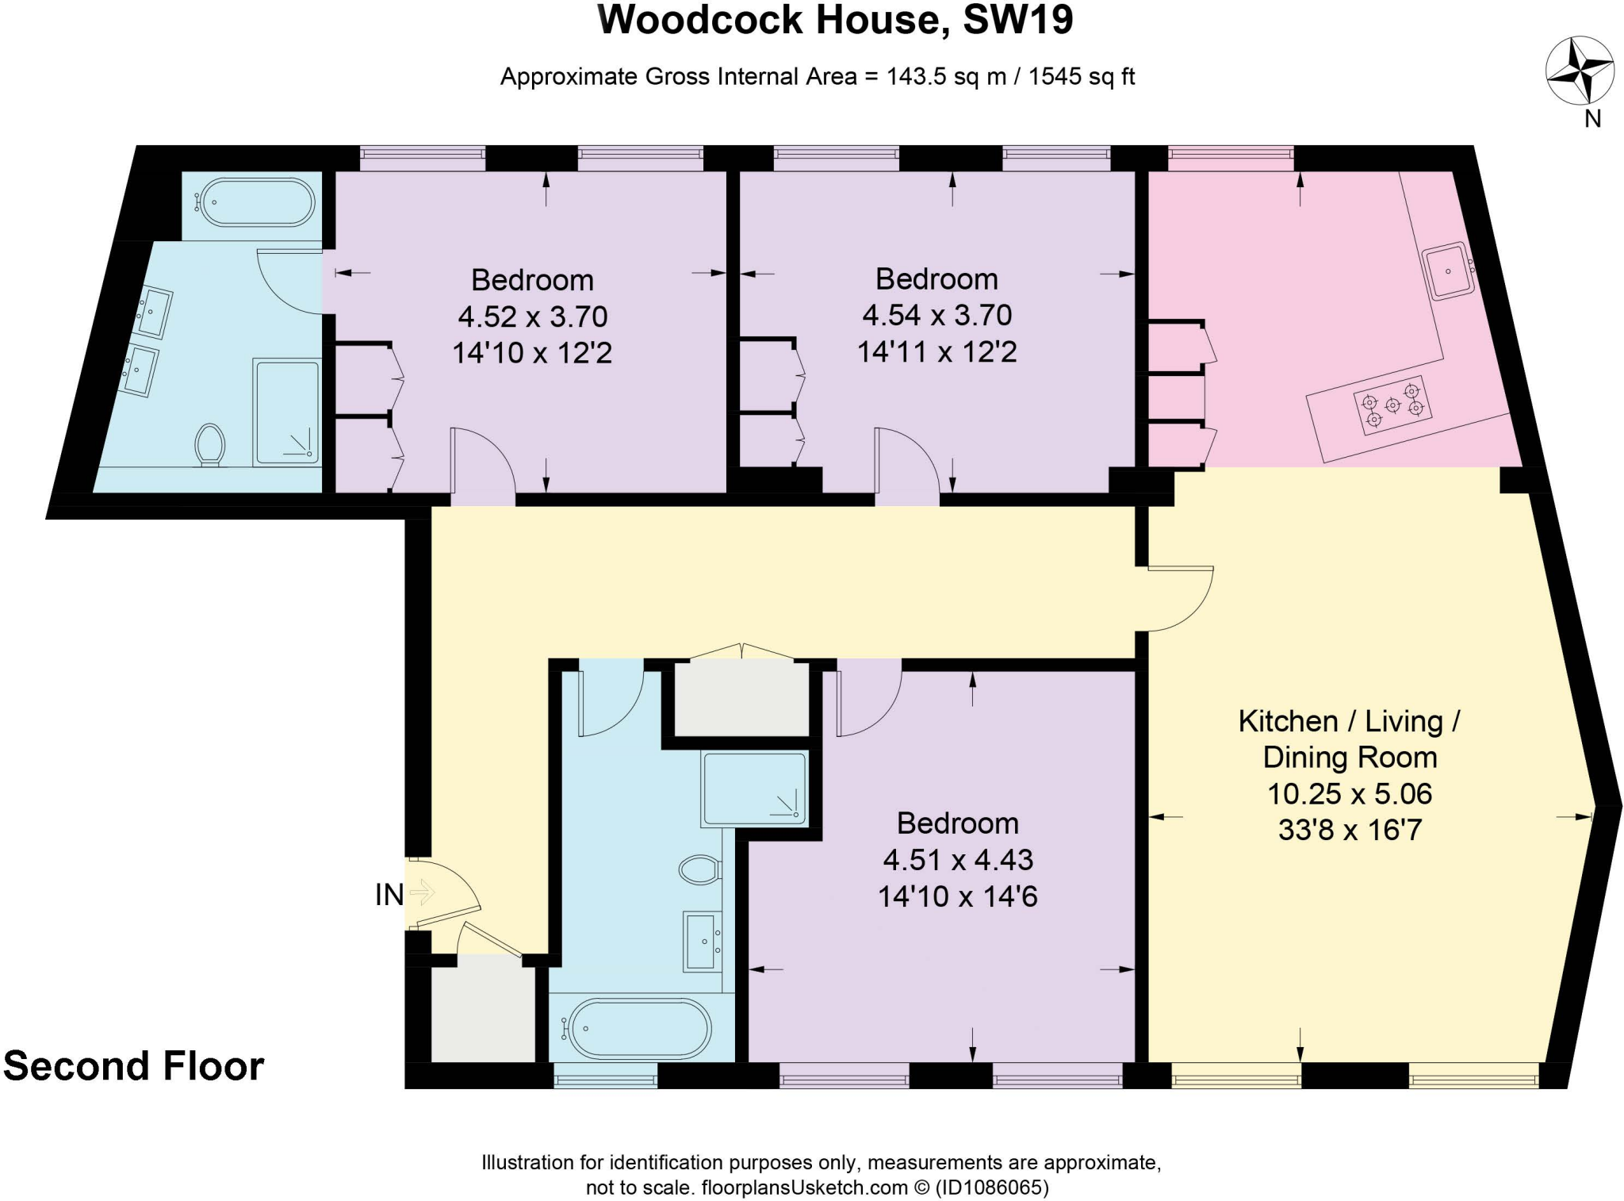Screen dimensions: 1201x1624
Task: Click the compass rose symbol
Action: pyautogui.click(x=1580, y=71)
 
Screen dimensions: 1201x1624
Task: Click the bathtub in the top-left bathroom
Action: pyautogui.click(x=256, y=202)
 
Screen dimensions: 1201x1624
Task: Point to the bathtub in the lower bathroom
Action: pyautogui.click(x=640, y=1028)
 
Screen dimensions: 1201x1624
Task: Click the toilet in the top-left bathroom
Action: pyautogui.click(x=210, y=443)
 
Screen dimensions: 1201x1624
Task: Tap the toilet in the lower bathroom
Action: pyautogui.click(x=699, y=869)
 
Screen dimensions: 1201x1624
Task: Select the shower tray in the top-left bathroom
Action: pyautogui.click(x=286, y=412)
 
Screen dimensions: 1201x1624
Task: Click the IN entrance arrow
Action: pyautogui.click(x=420, y=893)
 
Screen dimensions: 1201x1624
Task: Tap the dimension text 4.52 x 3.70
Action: pyautogui.click(x=532, y=317)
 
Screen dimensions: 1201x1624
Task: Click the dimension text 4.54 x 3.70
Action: pyautogui.click(x=936, y=315)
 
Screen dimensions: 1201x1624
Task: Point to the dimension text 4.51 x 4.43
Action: pyautogui.click(x=957, y=860)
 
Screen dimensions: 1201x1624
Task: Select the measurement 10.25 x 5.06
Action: pyautogui.click(x=1349, y=793)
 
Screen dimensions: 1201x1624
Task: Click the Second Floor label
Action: pyautogui.click(x=133, y=1066)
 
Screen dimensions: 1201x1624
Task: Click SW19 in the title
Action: pyautogui.click(x=1017, y=20)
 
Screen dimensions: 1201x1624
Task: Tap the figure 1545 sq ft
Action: pyautogui.click(x=1082, y=77)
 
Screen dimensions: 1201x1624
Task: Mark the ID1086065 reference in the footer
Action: pyautogui.click(x=991, y=1188)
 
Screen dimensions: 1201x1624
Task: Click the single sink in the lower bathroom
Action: pyautogui.click(x=702, y=942)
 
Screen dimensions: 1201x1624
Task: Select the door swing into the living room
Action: pyautogui.click(x=1180, y=599)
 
